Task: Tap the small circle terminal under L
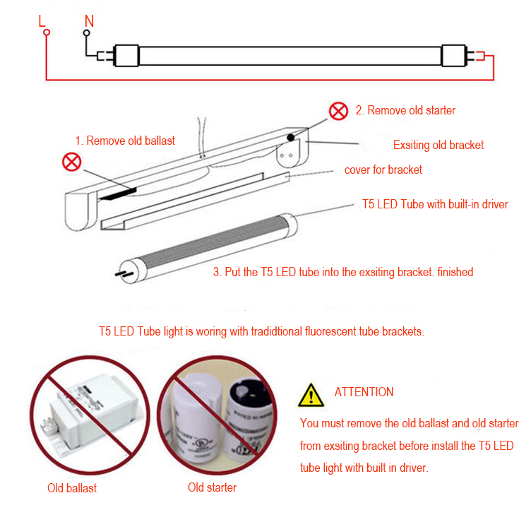click(x=45, y=32)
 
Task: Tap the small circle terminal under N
click(x=88, y=32)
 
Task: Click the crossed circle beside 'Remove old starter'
click(x=340, y=111)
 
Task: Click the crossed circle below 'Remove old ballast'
click(x=72, y=162)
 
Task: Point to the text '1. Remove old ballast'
click(x=125, y=140)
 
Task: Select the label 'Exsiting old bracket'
click(x=438, y=145)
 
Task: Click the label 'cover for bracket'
click(x=383, y=170)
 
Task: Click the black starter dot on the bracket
click(x=290, y=138)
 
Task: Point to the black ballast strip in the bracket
click(x=117, y=192)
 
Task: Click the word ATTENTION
click(x=364, y=392)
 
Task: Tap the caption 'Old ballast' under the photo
click(x=72, y=488)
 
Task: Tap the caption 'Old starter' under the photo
click(x=212, y=487)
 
